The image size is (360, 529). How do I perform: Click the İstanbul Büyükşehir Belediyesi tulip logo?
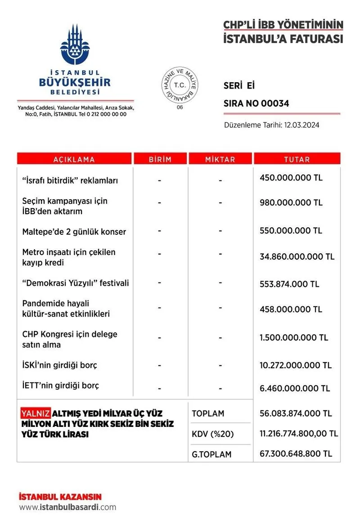pyautogui.click(x=75, y=45)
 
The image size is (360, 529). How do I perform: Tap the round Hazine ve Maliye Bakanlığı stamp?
pyautogui.click(x=180, y=85)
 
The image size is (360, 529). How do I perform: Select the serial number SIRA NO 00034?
pyautogui.click(x=256, y=104)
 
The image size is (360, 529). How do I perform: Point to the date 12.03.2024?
pyautogui.click(x=301, y=125)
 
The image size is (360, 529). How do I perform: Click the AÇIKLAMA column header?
pyautogui.click(x=74, y=159)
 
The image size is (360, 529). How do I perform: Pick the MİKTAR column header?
pyautogui.click(x=220, y=159)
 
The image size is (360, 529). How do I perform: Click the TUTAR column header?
pyautogui.click(x=297, y=159)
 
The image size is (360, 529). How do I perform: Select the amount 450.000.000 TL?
pyautogui.click(x=291, y=178)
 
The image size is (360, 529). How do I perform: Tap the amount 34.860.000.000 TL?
pyautogui.click(x=297, y=257)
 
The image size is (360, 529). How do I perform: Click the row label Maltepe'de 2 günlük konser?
pyautogui.click(x=74, y=232)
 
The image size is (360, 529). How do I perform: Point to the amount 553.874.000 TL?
pyautogui.click(x=289, y=284)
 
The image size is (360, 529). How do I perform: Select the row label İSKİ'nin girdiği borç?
pyautogui.click(x=60, y=365)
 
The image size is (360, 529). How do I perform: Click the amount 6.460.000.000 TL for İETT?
pyautogui.click(x=295, y=388)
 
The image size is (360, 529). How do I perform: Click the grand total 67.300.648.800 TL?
pyautogui.click(x=296, y=453)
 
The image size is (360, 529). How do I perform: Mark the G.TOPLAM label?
pyautogui.click(x=211, y=454)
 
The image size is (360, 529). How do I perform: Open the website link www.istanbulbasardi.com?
pyautogui.click(x=67, y=507)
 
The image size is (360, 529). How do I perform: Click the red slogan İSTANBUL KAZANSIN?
pyautogui.click(x=60, y=497)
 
